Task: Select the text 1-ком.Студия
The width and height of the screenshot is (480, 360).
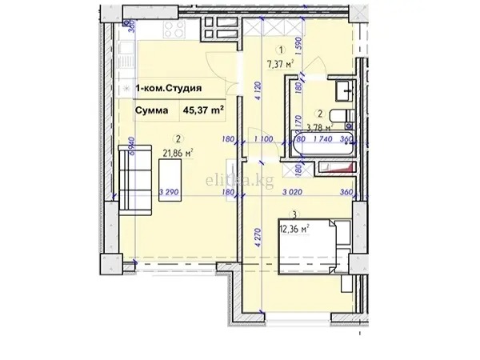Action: [167, 90]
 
